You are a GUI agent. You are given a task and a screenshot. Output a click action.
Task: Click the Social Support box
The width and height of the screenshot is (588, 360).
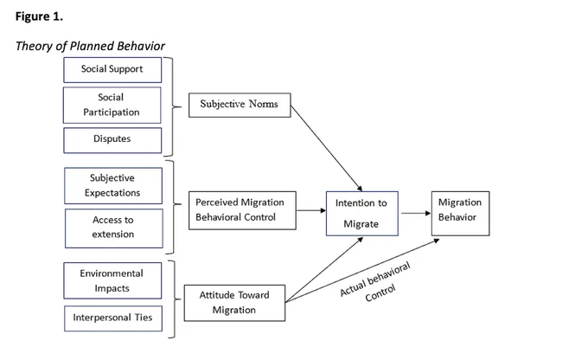112,70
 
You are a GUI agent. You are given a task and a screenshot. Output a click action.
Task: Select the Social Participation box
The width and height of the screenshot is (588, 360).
112,105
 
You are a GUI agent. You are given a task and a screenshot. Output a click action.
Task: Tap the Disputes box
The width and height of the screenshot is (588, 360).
112,140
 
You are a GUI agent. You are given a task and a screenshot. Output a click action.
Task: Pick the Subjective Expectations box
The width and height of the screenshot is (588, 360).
113,185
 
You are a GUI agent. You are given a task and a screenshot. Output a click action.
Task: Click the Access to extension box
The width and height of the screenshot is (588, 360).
114,228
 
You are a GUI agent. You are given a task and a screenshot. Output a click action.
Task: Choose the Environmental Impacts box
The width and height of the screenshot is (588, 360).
112,280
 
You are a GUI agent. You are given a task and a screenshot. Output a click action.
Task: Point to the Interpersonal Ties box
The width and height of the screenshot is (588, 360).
113,318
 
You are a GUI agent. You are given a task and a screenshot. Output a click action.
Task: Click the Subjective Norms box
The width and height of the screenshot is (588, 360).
240,105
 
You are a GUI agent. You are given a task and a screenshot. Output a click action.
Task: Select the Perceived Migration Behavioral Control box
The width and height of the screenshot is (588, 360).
242,210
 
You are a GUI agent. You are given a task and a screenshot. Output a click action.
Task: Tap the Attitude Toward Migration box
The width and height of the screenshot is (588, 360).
234,303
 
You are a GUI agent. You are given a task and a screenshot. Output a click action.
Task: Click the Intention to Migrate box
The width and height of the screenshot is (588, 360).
361,213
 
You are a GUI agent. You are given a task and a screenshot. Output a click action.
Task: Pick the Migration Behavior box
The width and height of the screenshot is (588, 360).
460,213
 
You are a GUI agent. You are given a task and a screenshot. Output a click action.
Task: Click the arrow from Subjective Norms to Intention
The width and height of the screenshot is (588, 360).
327,148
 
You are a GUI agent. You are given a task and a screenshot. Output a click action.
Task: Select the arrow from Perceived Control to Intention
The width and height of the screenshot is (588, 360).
311,210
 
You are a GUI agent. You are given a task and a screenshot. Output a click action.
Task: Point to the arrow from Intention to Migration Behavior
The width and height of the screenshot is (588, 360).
416,213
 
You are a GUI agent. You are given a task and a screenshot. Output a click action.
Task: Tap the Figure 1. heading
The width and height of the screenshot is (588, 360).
39,16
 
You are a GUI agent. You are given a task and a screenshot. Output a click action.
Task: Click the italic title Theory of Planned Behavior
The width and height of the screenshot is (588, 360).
90,46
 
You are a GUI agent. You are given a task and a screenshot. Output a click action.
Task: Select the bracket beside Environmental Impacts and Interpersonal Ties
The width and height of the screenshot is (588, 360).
175,299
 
